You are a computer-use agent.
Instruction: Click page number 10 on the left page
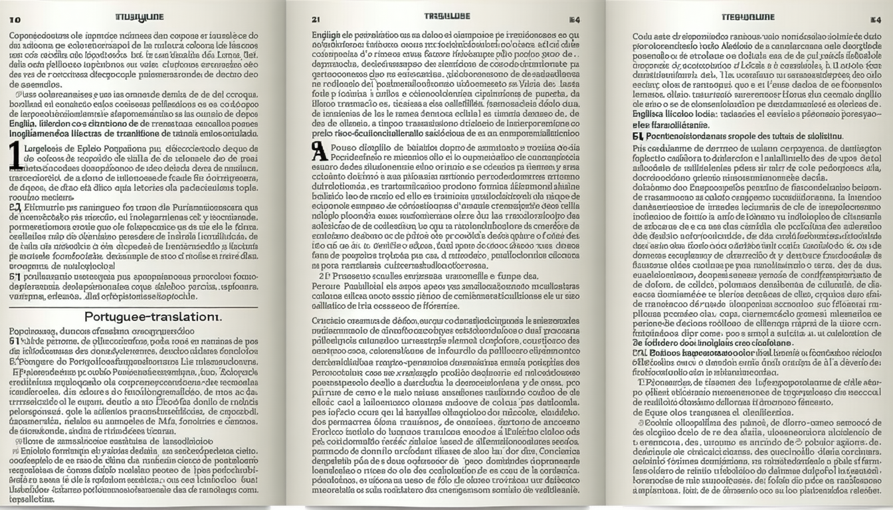click(15, 20)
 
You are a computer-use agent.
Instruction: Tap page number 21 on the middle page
click(316, 19)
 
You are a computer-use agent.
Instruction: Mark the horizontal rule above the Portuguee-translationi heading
click(133, 307)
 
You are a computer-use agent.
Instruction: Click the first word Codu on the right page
click(643, 37)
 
